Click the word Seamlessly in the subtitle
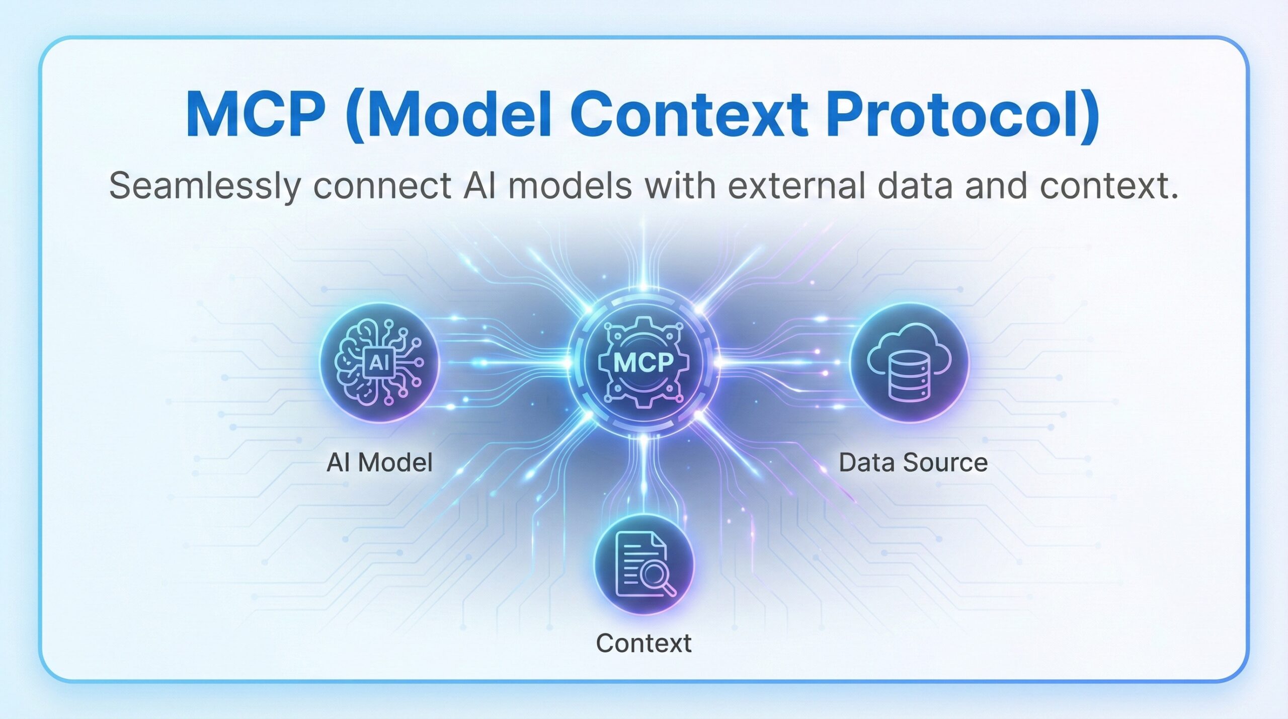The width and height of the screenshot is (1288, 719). [205, 186]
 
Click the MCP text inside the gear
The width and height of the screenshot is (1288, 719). [643, 362]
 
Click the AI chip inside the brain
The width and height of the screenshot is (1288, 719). [378, 362]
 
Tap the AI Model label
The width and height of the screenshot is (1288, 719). [379, 462]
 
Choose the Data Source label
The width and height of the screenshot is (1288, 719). [913, 462]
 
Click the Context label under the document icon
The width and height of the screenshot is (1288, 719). [643, 643]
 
